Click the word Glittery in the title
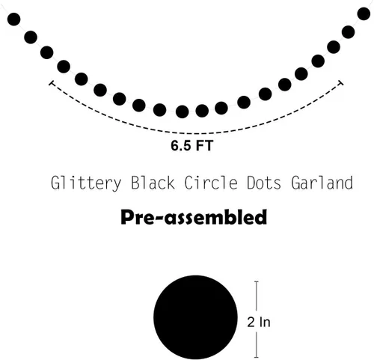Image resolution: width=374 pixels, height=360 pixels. point(86,183)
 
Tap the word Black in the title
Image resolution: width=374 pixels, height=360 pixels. point(153,183)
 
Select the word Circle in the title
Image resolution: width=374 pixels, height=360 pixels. point(211,183)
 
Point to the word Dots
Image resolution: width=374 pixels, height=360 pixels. point(264,183)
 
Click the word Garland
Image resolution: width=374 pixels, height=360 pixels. point(322,183)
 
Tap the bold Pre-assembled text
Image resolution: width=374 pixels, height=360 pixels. point(194,217)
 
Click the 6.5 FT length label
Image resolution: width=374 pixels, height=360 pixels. point(191,145)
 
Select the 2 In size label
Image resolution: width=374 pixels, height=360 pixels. point(259,322)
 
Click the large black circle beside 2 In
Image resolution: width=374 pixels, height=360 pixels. point(195,317)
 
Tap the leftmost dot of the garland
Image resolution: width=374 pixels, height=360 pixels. point(13,19)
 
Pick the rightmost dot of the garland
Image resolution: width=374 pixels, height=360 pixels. point(364,13)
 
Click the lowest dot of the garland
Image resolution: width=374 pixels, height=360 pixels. point(183,112)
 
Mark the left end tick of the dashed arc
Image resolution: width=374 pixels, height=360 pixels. point(52,83)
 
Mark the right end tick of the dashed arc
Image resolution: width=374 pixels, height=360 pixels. point(341,83)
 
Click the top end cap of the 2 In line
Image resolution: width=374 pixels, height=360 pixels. point(257,281)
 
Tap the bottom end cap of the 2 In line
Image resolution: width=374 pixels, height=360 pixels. point(257,357)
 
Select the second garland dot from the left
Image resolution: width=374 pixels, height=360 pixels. point(31,37)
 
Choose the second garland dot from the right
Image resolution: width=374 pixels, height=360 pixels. point(348,32)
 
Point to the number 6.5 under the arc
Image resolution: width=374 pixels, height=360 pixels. point(181,145)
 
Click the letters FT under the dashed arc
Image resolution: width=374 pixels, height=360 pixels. point(204,145)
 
